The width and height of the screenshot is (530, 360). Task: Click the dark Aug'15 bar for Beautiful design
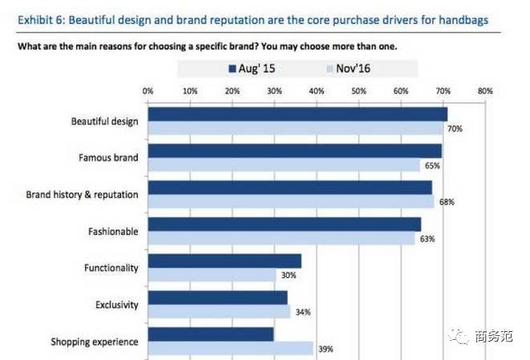click(297, 114)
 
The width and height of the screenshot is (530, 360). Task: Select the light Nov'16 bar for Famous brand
click(284, 165)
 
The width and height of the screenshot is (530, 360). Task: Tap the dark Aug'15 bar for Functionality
click(225, 261)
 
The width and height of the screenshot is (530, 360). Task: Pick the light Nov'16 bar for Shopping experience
click(230, 349)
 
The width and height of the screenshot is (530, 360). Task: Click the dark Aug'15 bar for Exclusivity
click(217, 298)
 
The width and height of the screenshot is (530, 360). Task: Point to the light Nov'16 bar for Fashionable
click(281, 238)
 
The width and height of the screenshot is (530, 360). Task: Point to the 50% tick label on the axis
click(358, 91)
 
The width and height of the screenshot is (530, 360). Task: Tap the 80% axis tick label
click(484, 91)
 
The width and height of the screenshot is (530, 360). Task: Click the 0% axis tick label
click(148, 91)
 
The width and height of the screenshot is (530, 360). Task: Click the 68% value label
click(447, 202)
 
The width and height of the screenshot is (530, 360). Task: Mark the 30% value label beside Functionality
click(288, 275)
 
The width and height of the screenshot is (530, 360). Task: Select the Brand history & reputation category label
click(82, 195)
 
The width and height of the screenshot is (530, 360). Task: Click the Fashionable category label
click(113, 232)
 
